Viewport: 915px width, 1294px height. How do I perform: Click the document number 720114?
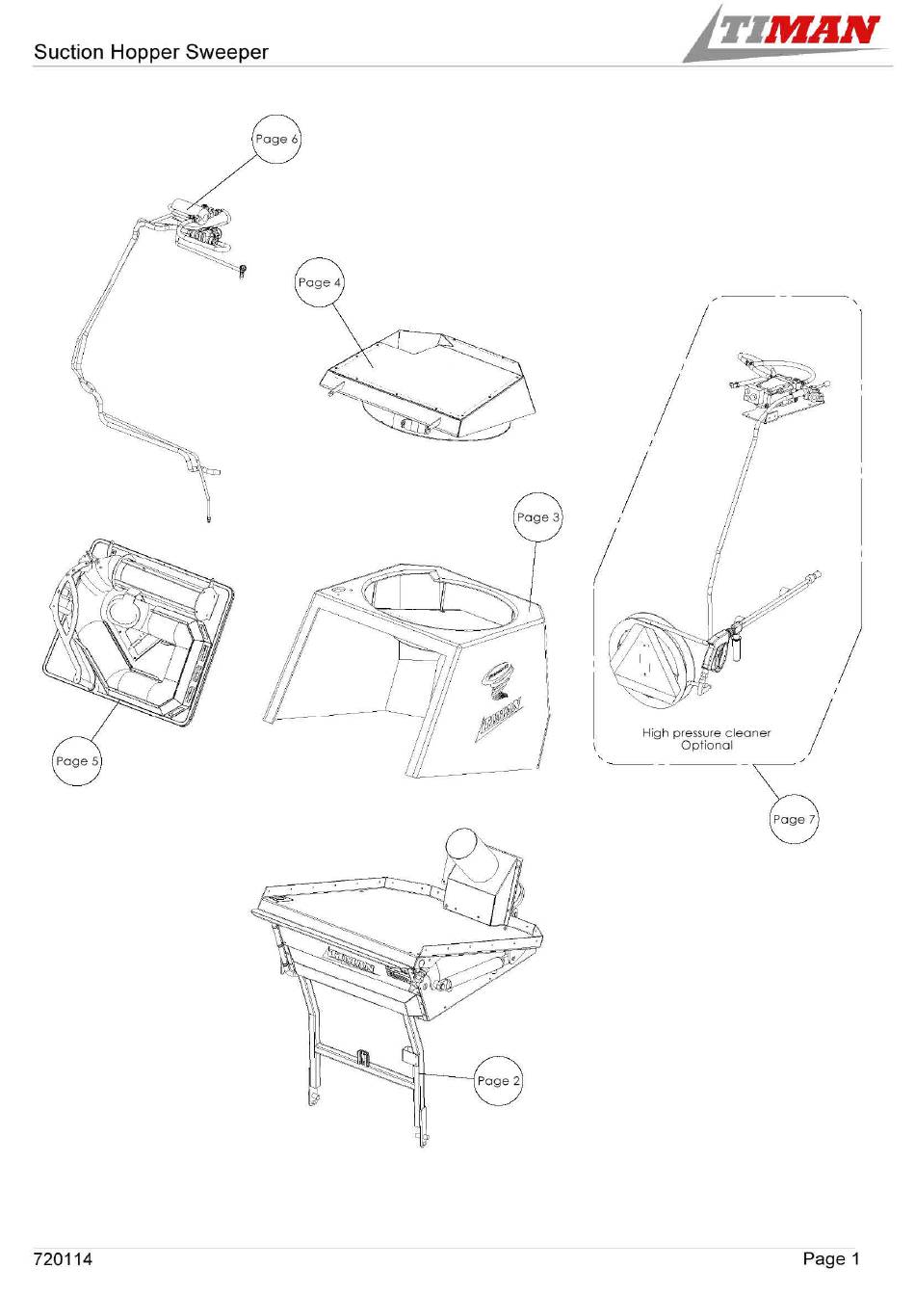(x=63, y=1259)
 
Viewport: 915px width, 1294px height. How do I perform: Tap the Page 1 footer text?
(x=830, y=1259)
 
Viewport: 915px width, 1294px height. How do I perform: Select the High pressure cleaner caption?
(x=706, y=733)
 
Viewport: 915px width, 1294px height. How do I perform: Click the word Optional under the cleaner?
(x=707, y=746)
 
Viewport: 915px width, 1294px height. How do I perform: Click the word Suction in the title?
(x=69, y=52)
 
